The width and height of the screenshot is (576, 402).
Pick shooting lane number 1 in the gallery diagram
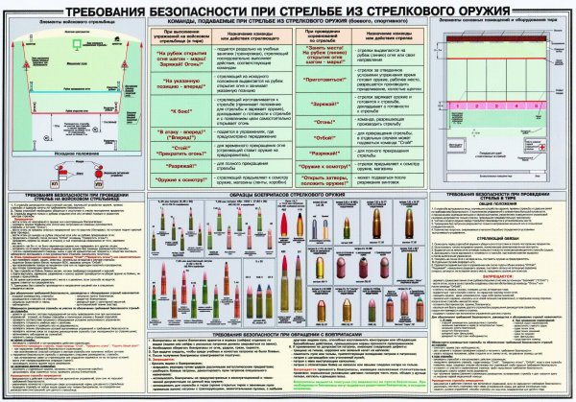pos(457,106)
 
